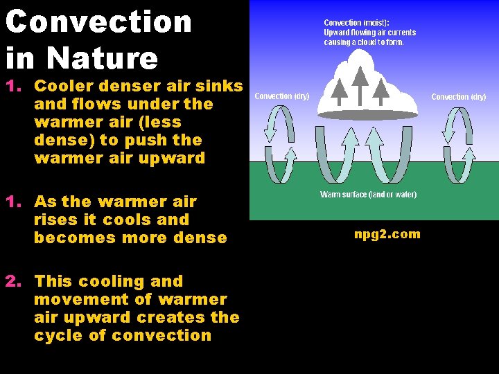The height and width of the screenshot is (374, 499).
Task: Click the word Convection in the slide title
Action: pos(98,21)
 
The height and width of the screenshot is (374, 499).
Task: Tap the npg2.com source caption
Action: pos(387,234)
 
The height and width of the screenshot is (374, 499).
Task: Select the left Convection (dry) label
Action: pos(282,96)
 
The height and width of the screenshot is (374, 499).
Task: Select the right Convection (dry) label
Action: pos(458,97)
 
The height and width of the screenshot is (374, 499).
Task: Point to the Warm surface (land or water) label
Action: pos(368,195)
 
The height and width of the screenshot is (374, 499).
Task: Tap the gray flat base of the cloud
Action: pos(367,113)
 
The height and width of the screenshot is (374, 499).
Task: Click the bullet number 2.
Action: pos(12,281)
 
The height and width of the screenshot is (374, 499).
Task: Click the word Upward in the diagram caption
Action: pos(338,33)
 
